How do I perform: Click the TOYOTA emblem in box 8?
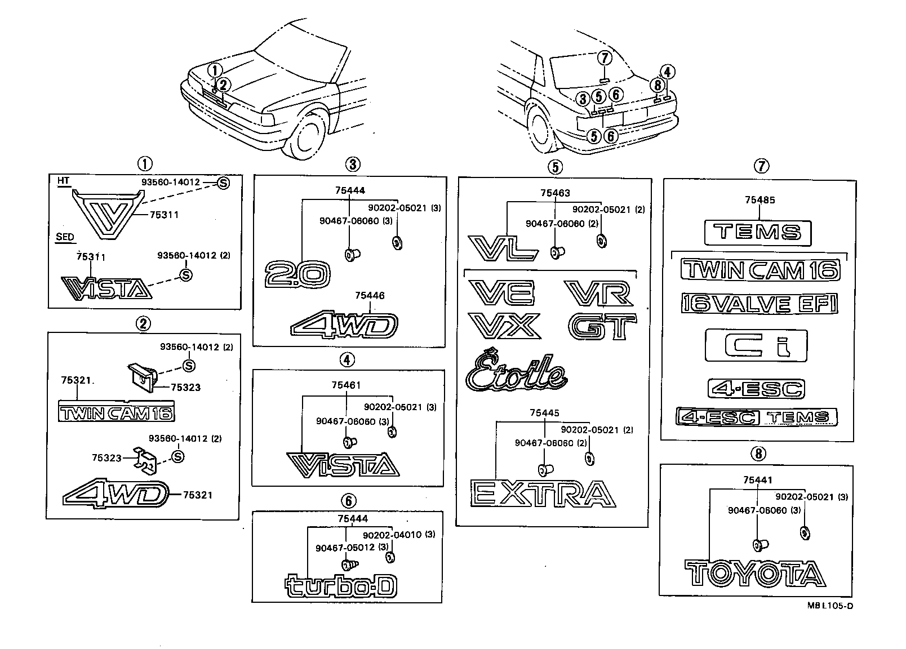755,574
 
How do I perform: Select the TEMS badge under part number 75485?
758,232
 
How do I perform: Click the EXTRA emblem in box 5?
543,494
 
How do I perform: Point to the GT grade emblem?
602,327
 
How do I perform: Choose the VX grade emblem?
504,326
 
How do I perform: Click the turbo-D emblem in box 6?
342,586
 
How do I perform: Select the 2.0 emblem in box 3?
297,275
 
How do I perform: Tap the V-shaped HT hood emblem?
107,214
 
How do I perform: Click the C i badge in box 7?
756,345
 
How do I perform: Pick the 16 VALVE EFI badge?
759,304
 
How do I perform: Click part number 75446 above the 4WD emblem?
370,295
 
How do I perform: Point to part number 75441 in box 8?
757,480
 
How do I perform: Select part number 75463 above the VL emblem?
555,193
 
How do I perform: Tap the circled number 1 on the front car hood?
215,70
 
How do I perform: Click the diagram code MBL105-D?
830,606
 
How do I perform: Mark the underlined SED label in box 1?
65,237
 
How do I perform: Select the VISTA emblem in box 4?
343,464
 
